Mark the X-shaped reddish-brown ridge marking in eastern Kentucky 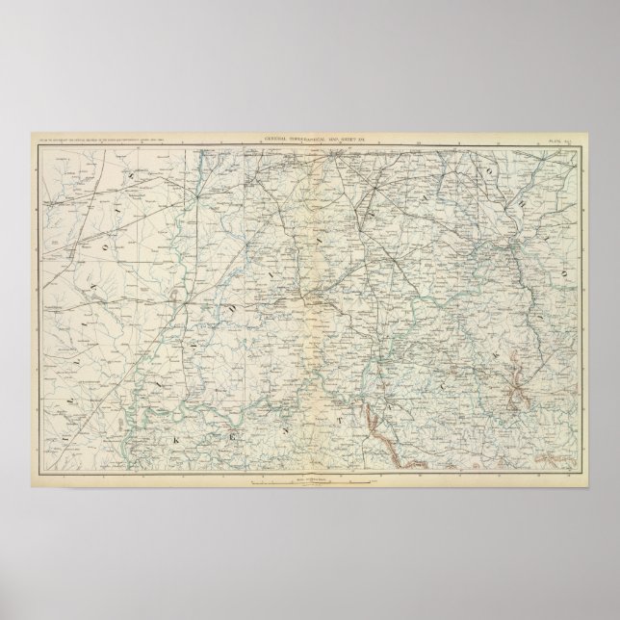pyautogui.click(x=519, y=391)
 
